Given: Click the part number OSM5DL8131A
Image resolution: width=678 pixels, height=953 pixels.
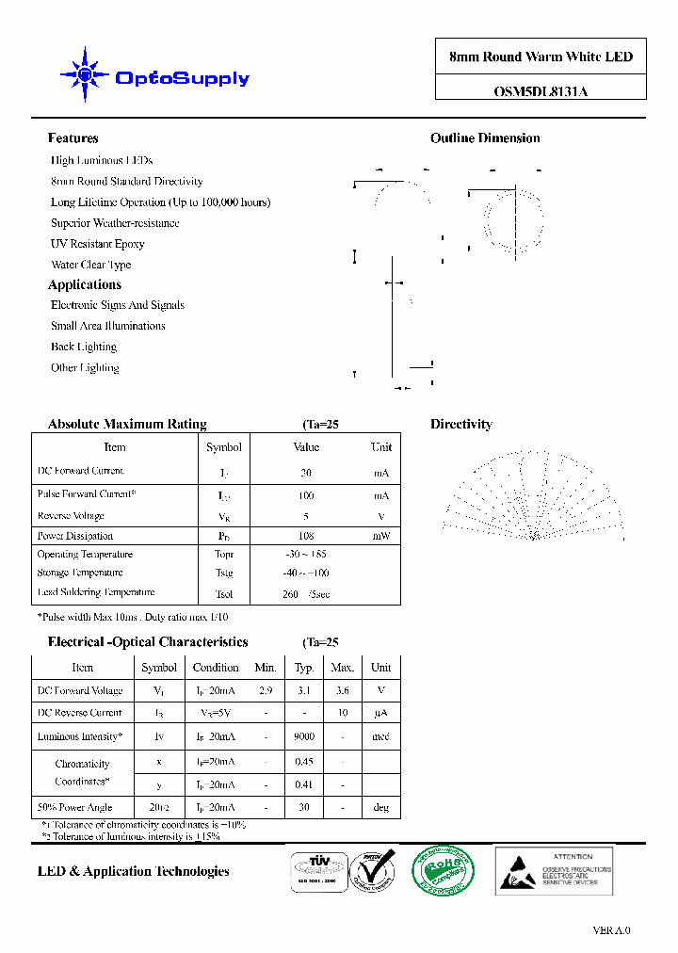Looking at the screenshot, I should (541, 91).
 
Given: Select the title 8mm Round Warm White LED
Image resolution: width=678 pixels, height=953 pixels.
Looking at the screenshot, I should (541, 57).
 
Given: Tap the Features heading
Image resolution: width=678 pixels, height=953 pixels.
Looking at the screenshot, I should (73, 138).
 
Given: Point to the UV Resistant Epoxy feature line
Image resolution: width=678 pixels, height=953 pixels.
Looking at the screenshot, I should (98, 244).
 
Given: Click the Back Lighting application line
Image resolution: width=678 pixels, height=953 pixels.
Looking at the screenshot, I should (84, 347).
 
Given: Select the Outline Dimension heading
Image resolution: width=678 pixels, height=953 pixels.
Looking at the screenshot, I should (485, 138).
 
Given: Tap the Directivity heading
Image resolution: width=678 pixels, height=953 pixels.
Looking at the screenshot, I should (460, 425).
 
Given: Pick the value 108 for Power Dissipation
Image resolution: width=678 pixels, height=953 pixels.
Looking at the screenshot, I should (306, 536).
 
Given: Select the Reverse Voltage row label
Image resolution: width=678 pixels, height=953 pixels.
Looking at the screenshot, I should (71, 516).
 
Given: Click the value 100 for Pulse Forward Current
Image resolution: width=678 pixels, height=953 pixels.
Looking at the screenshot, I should (306, 494).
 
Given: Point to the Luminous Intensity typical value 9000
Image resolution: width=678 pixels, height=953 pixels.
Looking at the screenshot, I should (304, 737).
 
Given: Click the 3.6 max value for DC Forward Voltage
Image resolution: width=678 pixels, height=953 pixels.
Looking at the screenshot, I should (342, 690).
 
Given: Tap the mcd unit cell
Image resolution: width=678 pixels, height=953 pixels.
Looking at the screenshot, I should (380, 737).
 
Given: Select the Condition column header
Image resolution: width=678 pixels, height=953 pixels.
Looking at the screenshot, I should (216, 667).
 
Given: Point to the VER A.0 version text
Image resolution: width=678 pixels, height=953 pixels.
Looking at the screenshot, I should (611, 930).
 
